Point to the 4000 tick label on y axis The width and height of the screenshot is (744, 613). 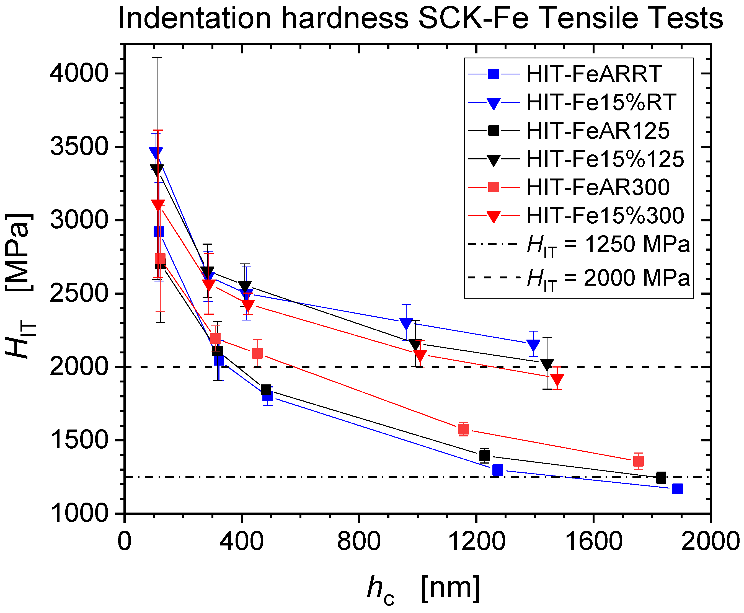(x=78, y=73)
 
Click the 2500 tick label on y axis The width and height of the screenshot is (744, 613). (x=78, y=293)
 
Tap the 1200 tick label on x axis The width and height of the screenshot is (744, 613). (x=476, y=541)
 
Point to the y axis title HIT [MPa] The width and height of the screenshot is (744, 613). (x=19, y=286)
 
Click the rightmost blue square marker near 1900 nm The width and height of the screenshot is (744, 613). (x=677, y=489)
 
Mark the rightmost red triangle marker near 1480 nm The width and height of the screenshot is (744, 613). (x=557, y=379)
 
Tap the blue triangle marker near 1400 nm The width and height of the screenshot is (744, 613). (x=533, y=345)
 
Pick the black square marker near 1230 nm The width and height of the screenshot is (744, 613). (x=484, y=456)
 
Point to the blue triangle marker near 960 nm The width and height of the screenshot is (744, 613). (x=406, y=323)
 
